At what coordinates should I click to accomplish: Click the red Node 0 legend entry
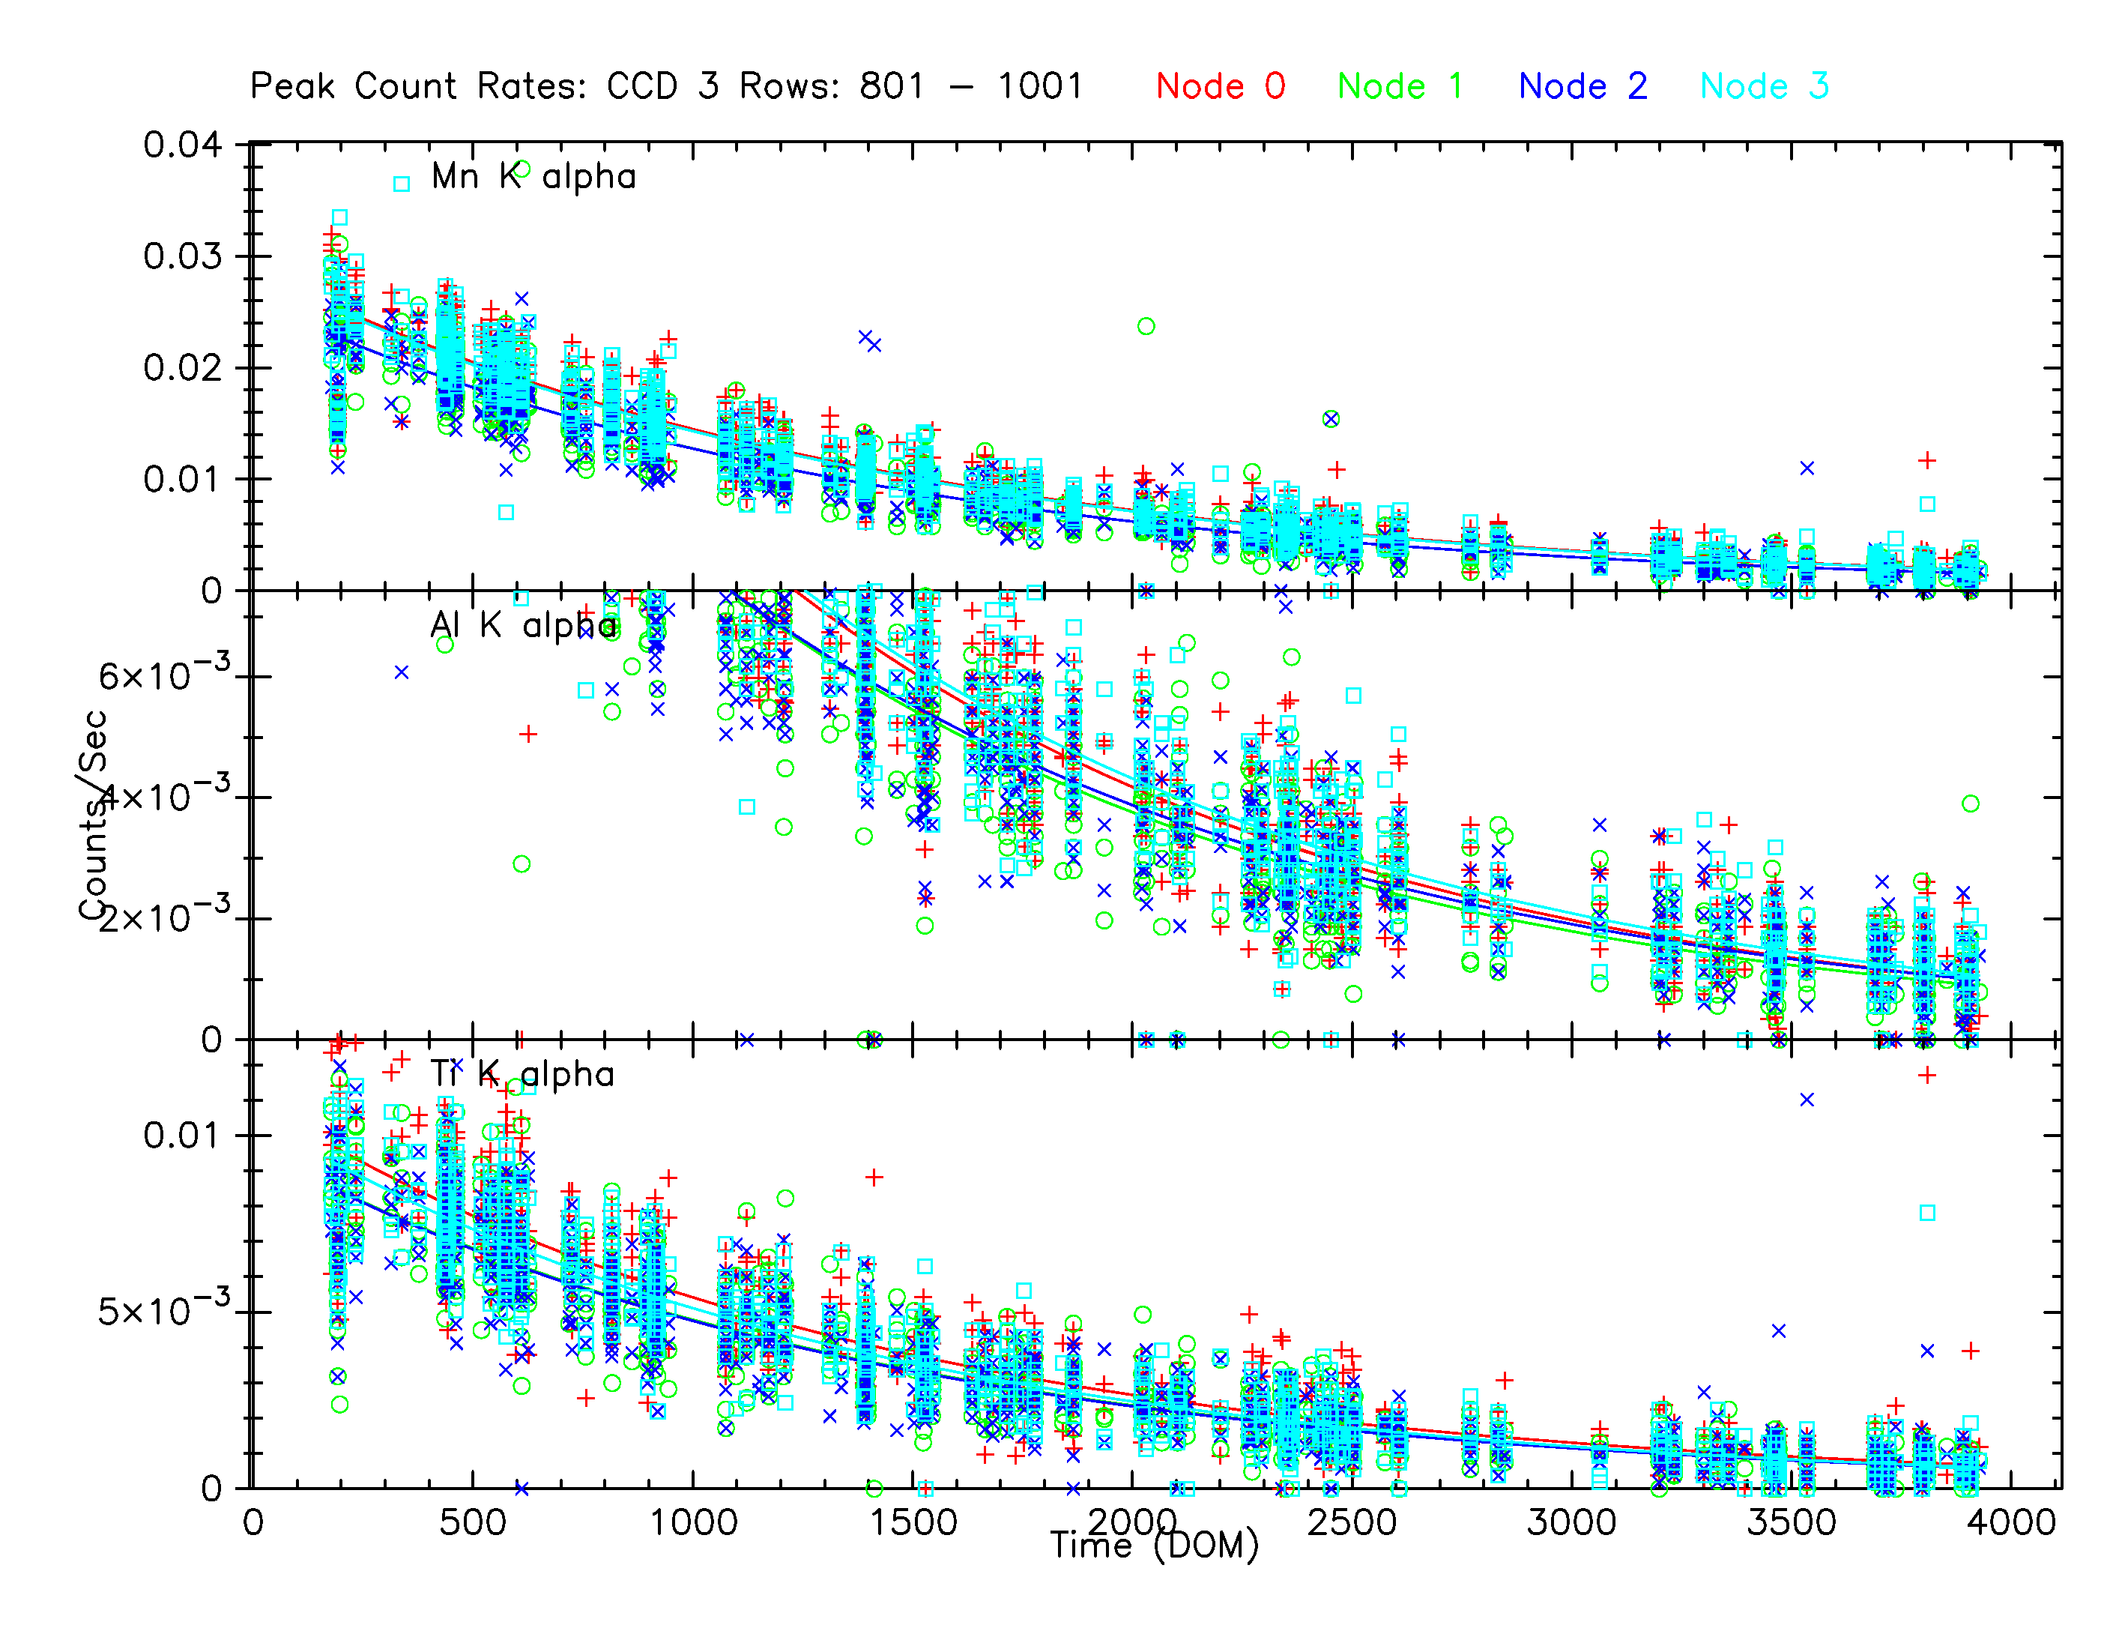(1220, 87)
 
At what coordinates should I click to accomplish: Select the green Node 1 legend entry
(1400, 87)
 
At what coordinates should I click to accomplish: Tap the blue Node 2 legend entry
(1582, 87)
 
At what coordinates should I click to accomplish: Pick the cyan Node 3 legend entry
(1764, 87)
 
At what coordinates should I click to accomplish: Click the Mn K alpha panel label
(533, 177)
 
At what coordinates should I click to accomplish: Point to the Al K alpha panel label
(523, 626)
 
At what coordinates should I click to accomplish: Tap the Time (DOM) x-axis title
(1155, 1546)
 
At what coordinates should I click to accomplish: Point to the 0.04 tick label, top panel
(183, 146)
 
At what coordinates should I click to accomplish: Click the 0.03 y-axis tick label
(183, 257)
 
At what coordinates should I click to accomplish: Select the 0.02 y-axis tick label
(183, 368)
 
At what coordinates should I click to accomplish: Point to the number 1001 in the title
(1041, 87)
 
